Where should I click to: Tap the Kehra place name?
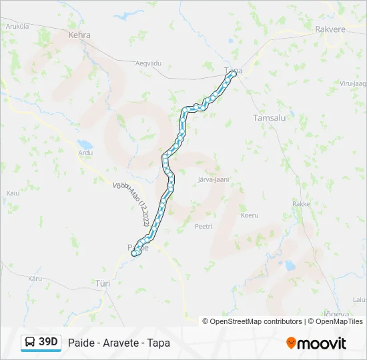tap(79, 35)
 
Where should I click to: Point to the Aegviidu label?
tap(149, 63)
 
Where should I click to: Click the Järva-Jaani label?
tap(214, 179)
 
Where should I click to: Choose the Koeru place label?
tap(250, 215)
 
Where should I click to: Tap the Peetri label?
tap(203, 227)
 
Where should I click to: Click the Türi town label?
tap(103, 283)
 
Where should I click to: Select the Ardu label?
tap(85, 153)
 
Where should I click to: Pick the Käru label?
tap(35, 278)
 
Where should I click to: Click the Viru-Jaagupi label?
tap(354, 83)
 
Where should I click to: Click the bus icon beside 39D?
tap(30, 342)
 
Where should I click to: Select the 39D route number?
tap(49, 342)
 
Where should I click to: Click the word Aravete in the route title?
tap(119, 343)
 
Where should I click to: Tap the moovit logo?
tap(316, 343)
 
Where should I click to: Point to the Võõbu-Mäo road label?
tap(132, 203)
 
